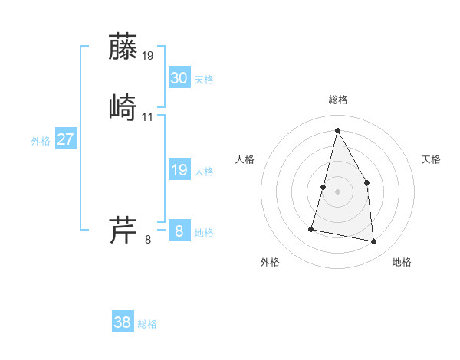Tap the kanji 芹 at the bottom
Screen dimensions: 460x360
[x=123, y=229]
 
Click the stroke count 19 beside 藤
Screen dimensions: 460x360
[x=148, y=56]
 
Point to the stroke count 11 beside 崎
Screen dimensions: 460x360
[x=148, y=116]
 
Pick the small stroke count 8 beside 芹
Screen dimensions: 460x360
[x=148, y=240]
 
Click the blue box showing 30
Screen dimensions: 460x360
[x=179, y=78]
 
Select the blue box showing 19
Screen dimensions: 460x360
[x=179, y=170]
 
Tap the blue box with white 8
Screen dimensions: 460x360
[x=179, y=231]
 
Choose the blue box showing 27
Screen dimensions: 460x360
[x=66, y=139]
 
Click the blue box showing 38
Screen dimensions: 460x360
[x=123, y=322]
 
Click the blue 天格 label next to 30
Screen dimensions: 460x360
[x=204, y=80]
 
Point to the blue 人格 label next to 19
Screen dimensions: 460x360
[x=204, y=172]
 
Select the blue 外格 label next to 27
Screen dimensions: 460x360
[x=41, y=141]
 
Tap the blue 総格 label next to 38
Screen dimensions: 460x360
[x=147, y=324]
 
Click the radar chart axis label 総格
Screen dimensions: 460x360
[x=337, y=100]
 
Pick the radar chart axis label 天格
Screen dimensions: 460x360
[x=432, y=159]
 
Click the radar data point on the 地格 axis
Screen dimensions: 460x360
[x=374, y=242]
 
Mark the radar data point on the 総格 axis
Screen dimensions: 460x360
[x=337, y=130]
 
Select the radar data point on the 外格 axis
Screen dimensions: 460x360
[x=311, y=228]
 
